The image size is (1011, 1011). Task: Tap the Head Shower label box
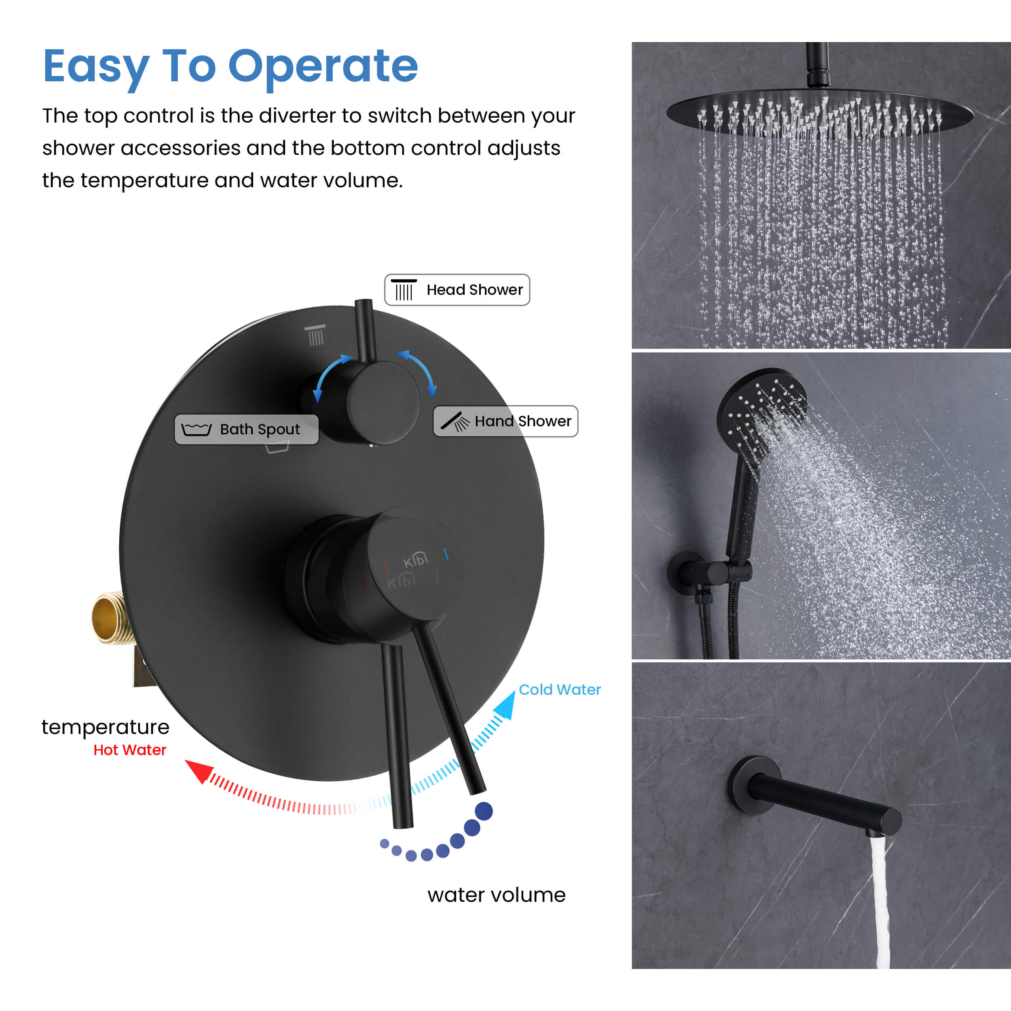pyautogui.click(x=457, y=290)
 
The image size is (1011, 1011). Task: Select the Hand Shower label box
pyautogui.click(x=505, y=421)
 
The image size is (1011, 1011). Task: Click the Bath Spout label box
pyautogui.click(x=246, y=429)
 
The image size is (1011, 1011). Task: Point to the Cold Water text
pyautogui.click(x=559, y=690)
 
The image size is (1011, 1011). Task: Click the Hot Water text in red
pyautogui.click(x=130, y=750)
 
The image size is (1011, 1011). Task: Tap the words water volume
pyautogui.click(x=496, y=895)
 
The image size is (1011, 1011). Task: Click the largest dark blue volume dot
pyautogui.click(x=484, y=811)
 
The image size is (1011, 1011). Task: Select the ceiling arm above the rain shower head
pyautogui.click(x=817, y=64)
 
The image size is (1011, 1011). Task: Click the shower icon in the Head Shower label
pyautogui.click(x=404, y=290)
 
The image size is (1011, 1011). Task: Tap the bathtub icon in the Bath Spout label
pyautogui.click(x=196, y=429)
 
